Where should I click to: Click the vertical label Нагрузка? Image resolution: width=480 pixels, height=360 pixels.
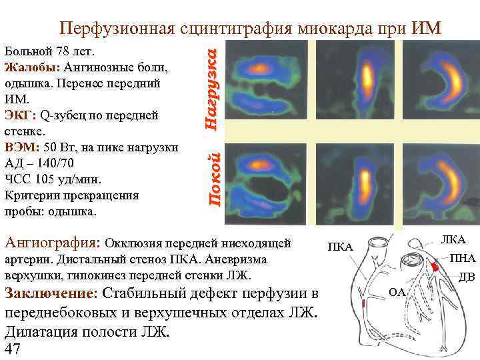(x=211, y=83)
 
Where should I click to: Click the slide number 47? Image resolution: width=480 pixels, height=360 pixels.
(x=13, y=349)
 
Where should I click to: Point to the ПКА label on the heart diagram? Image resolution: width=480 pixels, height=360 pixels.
(x=339, y=248)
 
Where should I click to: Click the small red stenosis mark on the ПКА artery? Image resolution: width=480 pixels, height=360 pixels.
(x=363, y=304)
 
